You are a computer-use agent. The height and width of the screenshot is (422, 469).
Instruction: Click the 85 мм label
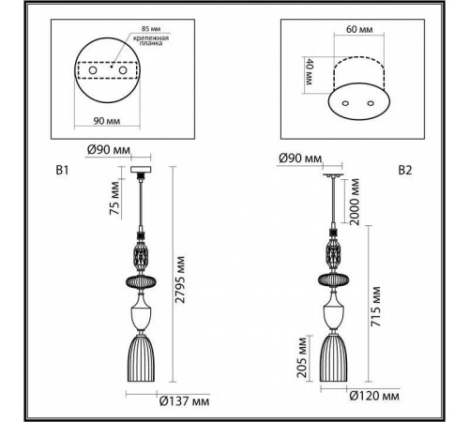pos(151,29)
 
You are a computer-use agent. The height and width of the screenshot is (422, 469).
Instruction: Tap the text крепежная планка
pos(151,40)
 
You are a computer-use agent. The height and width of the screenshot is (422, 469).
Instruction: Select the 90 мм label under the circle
pos(107,121)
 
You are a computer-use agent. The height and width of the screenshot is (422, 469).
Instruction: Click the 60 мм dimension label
pos(359,29)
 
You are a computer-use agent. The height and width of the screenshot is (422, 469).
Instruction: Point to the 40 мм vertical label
pos(309,72)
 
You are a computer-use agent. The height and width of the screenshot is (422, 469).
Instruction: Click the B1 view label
pos(62,171)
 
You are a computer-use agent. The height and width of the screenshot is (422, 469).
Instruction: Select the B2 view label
pos(405,171)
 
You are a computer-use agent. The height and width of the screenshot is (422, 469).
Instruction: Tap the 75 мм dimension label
pos(114,198)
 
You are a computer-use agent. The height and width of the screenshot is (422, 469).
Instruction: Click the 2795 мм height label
pos(180,279)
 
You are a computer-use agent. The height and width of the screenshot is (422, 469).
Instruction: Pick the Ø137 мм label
pos(184,400)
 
